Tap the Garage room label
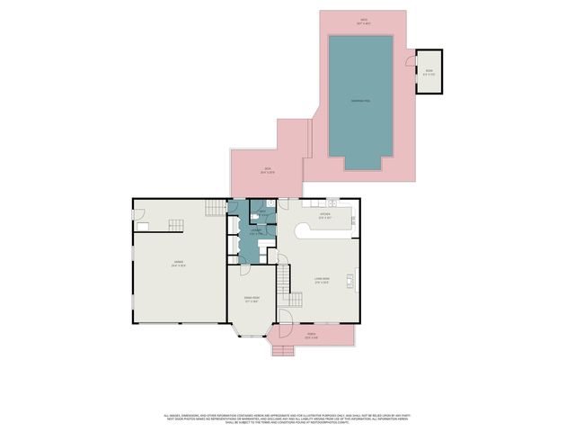(x=179, y=264)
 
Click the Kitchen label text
(x=325, y=216)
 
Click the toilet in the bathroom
(x=255, y=217)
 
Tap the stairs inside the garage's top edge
(x=214, y=209)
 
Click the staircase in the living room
(x=286, y=284)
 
